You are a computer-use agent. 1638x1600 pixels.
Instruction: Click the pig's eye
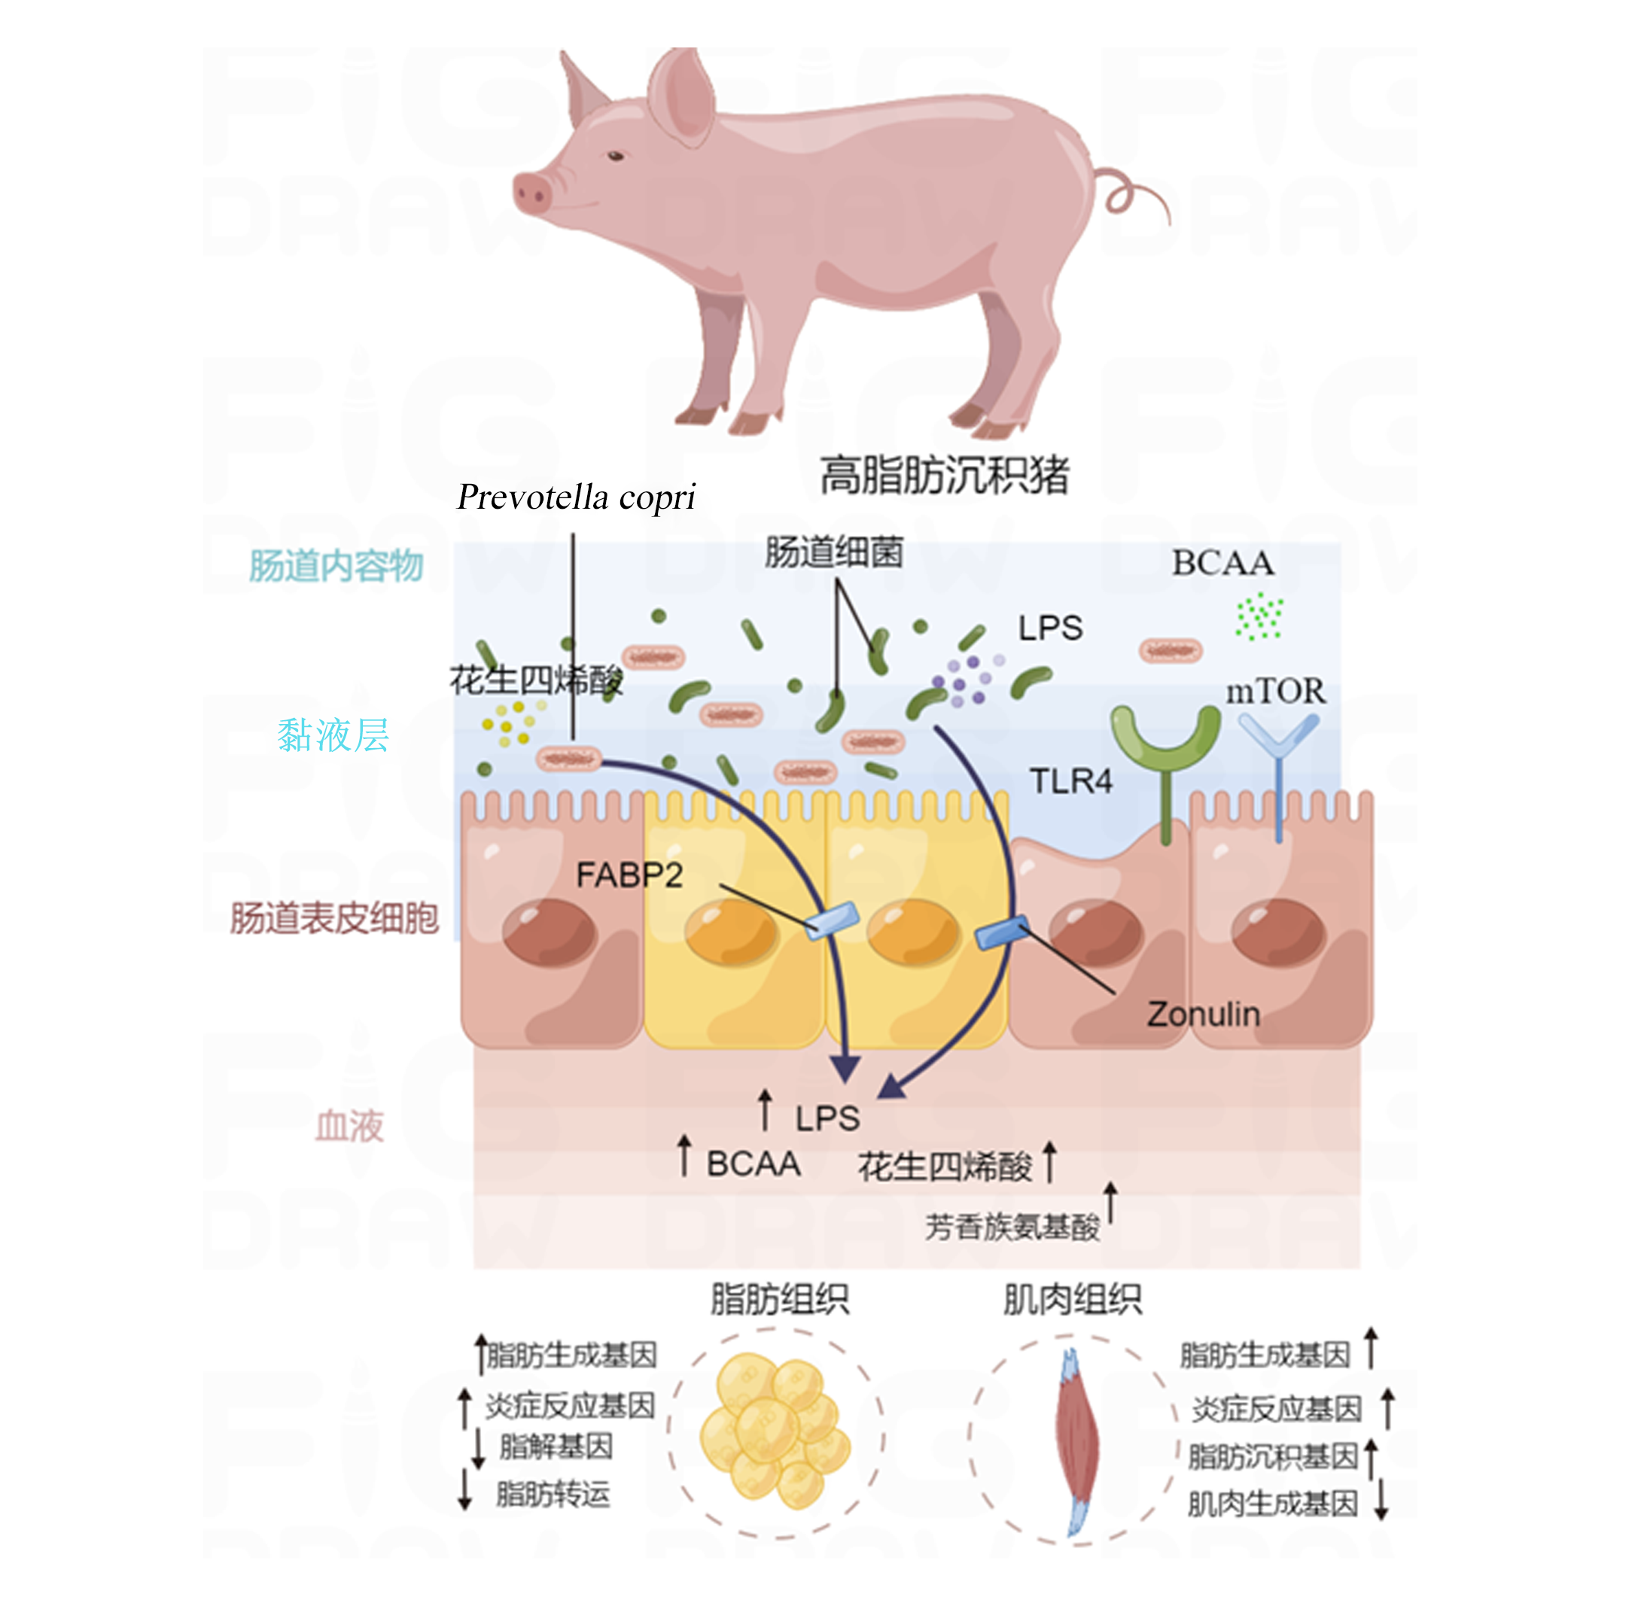(615, 157)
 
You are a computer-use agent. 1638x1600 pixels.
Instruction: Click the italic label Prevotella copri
(576, 497)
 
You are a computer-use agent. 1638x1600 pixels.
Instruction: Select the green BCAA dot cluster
(1259, 616)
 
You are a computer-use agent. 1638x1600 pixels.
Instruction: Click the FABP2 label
(629, 875)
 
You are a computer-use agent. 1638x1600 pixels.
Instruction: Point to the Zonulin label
(1203, 1014)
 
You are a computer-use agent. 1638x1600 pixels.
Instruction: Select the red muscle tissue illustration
(1076, 1442)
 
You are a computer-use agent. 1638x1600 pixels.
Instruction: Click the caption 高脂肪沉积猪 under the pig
(944, 475)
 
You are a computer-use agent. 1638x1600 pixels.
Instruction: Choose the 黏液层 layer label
(333, 735)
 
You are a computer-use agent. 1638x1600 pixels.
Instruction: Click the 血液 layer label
(349, 1125)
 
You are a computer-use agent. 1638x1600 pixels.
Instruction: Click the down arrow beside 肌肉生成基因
(1380, 1498)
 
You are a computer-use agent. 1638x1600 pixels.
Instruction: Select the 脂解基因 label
(556, 1446)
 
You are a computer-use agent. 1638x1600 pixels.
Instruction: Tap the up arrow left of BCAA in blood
(685, 1155)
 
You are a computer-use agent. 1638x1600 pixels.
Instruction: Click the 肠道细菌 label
(834, 552)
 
